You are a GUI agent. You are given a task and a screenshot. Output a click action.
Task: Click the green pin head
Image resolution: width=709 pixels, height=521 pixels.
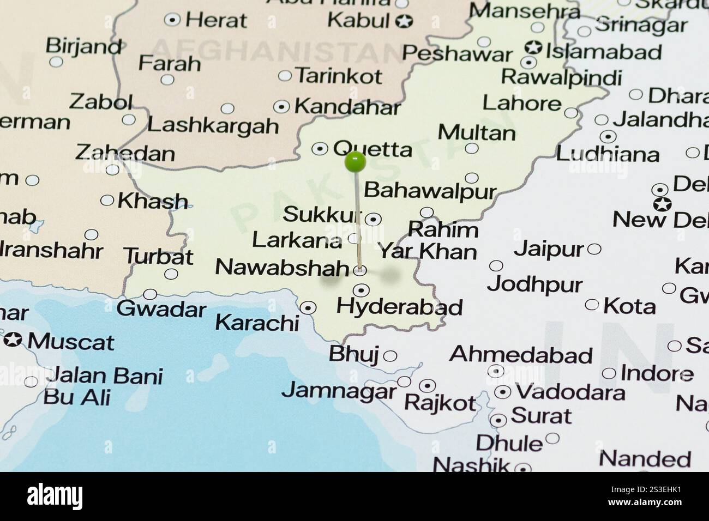pos(355,161)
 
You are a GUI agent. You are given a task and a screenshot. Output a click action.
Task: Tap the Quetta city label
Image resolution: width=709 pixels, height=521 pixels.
pos(372,148)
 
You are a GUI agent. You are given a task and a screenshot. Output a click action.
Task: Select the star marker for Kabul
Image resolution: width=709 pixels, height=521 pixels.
pos(405,22)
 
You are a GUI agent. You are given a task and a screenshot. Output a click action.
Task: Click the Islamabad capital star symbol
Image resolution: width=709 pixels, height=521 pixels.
pos(532,48)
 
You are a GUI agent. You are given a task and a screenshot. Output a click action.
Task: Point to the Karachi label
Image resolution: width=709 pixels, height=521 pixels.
pos(257,322)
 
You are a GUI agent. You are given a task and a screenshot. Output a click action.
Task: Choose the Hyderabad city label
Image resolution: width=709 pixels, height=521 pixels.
pos(399,307)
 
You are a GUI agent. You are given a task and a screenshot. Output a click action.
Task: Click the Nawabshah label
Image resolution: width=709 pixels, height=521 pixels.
pos(282,268)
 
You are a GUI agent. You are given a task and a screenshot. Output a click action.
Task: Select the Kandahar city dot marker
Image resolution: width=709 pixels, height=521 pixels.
pos(281,107)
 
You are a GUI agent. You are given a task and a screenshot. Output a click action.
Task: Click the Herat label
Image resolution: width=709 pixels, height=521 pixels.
pos(216,21)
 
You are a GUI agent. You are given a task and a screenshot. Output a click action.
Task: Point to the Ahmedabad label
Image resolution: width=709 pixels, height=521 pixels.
pos(520,355)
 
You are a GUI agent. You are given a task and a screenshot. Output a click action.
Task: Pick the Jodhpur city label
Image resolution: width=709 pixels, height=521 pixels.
pos(534,284)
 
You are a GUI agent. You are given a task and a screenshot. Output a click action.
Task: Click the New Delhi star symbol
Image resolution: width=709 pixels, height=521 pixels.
pos(663,205)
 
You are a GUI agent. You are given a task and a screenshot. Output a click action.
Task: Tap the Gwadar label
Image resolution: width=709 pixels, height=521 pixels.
pos(161,309)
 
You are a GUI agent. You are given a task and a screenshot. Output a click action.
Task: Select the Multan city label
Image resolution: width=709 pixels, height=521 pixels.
pos(476,132)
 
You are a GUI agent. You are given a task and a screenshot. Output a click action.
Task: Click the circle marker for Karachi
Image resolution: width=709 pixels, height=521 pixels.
pos(309,308)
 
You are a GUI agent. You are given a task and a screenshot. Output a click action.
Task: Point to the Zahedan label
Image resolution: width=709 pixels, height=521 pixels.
pos(125,153)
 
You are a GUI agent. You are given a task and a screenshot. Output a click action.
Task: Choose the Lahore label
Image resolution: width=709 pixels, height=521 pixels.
pos(521,102)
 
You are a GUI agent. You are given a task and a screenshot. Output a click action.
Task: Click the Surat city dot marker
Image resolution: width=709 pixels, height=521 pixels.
pos(498,420)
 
